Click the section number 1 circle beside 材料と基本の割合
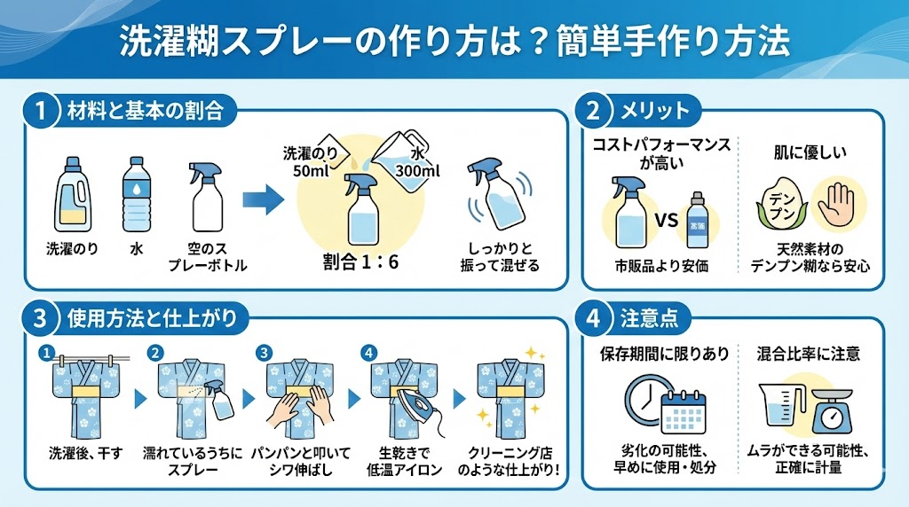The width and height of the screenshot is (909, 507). pos(42,111)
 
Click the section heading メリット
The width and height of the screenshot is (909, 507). pos(657,111)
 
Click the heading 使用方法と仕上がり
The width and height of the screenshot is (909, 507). pos(151,316)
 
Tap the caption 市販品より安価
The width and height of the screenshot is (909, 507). pos(657,265)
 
